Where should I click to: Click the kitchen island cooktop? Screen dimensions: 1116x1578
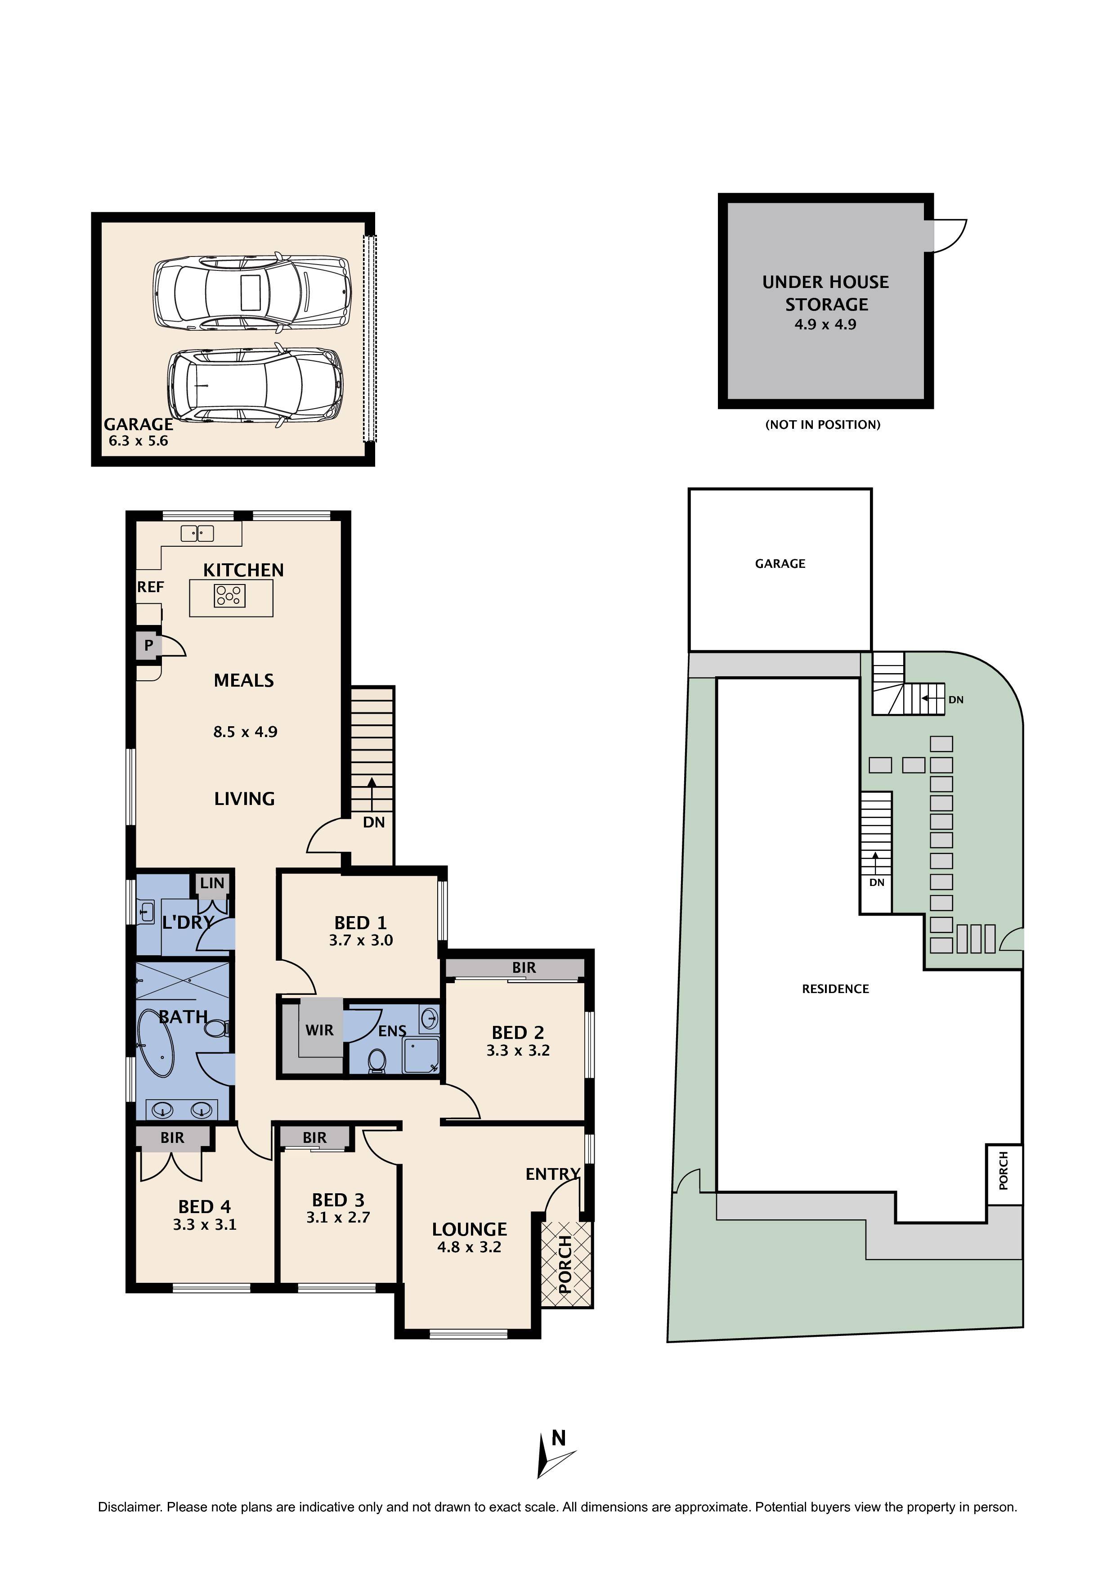[229, 595]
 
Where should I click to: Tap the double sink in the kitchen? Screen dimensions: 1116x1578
[197, 533]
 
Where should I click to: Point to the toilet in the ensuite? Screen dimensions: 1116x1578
[376, 1061]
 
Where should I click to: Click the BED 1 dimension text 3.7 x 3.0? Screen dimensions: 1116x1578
[361, 940]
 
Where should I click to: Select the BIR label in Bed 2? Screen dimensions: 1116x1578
[524, 968]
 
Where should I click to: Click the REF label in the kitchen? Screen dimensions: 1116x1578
[151, 587]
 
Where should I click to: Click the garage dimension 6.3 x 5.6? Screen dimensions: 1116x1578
[138, 441]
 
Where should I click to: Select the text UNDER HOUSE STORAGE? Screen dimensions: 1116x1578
[826, 293]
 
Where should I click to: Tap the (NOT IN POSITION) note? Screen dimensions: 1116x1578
[823, 425]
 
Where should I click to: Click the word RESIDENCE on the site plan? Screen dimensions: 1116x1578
[836, 989]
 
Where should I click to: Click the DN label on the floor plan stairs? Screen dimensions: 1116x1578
[374, 822]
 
